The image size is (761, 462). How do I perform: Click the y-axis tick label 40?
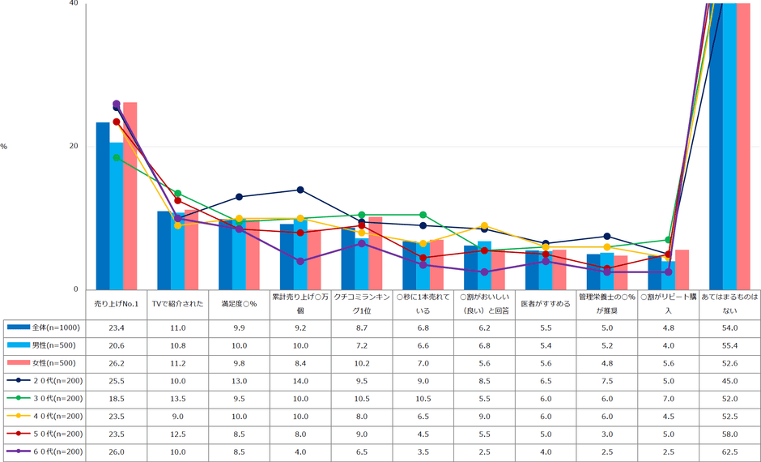(x=74, y=4)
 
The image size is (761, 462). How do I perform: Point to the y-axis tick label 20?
(x=74, y=147)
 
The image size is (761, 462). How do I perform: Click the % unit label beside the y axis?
(x=4, y=147)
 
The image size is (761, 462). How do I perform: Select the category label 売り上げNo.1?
(x=117, y=305)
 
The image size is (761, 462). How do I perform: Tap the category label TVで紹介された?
(x=178, y=305)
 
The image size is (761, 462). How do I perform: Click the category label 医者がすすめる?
(x=546, y=305)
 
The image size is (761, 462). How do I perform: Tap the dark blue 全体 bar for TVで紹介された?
(x=164, y=250)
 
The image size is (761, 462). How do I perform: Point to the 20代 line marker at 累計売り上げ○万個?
(x=300, y=190)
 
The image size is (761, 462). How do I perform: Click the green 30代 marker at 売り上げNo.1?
(x=117, y=158)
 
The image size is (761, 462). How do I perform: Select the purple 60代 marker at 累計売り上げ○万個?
(x=300, y=261)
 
